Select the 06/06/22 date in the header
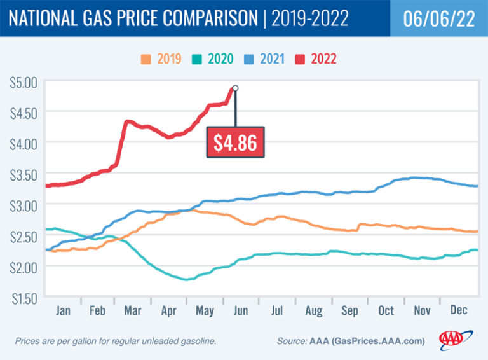point(438,18)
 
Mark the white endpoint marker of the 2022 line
point(235,88)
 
